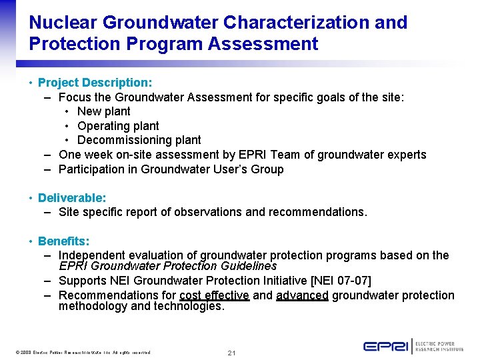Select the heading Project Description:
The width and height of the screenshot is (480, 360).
coord(95,83)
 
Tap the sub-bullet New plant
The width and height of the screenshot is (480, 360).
coord(103,111)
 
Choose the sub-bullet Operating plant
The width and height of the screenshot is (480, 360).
coord(118,126)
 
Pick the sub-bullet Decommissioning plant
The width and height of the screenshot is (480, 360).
coord(139,140)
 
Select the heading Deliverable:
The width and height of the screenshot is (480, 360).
coord(72,198)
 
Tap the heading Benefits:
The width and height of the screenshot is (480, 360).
coord(63,241)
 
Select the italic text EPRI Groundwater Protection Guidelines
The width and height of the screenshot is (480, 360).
coord(167,266)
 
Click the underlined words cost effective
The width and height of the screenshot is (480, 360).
coord(214,295)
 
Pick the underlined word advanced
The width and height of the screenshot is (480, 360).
coord(302,295)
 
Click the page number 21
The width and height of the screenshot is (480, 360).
coord(232,352)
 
